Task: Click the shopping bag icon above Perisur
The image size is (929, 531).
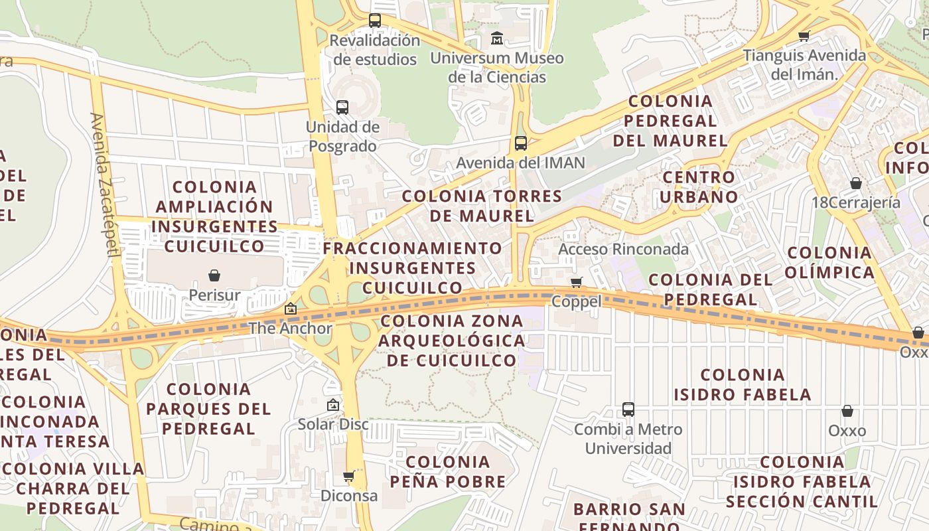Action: (214, 275)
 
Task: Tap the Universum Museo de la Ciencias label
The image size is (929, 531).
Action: (497, 68)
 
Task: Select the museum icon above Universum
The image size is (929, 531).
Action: (497, 38)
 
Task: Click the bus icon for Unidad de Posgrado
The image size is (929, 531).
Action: (342, 107)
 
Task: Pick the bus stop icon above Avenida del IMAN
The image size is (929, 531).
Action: (521, 143)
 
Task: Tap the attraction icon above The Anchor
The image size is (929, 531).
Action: (291, 309)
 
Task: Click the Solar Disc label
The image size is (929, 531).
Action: (333, 424)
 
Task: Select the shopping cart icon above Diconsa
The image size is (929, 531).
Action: (348, 476)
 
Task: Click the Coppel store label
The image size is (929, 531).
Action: (577, 301)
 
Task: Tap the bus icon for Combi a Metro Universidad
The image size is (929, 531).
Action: (628, 409)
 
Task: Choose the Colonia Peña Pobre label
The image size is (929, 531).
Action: (448, 472)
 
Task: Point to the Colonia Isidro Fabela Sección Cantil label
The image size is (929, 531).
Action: (802, 481)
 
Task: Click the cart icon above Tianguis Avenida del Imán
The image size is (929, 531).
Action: (804, 36)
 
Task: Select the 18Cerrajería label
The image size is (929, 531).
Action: (856, 202)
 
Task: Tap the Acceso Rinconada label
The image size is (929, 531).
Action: (624, 250)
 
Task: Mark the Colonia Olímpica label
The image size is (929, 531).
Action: (829, 263)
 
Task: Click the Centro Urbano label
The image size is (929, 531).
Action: (699, 187)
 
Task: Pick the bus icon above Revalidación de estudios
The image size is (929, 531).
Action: (375, 21)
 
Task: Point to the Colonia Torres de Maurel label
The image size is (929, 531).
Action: (482, 206)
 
